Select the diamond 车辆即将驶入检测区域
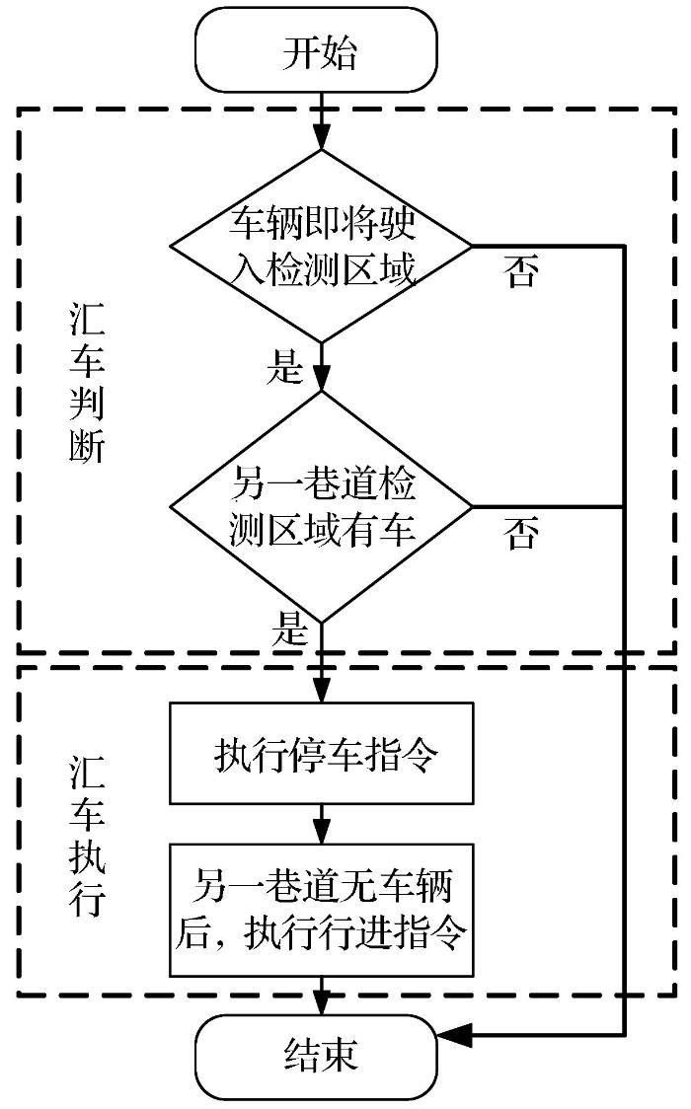click(x=321, y=245)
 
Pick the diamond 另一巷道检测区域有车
click(x=321, y=507)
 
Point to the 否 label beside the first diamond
click(x=522, y=273)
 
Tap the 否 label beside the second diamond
click(x=522, y=535)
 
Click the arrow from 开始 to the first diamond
click(x=321, y=123)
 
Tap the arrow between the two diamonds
click(x=321, y=366)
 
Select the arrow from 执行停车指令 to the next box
click(x=321, y=822)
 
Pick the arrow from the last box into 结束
click(x=321, y=996)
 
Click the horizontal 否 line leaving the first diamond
click(x=548, y=245)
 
